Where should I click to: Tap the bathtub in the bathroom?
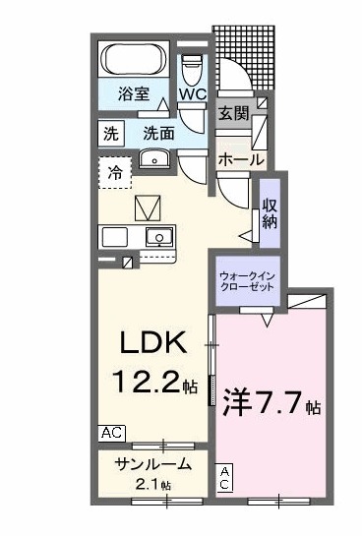pyautogui.click(x=134, y=61)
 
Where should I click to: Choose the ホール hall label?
pyautogui.click(x=240, y=158)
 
